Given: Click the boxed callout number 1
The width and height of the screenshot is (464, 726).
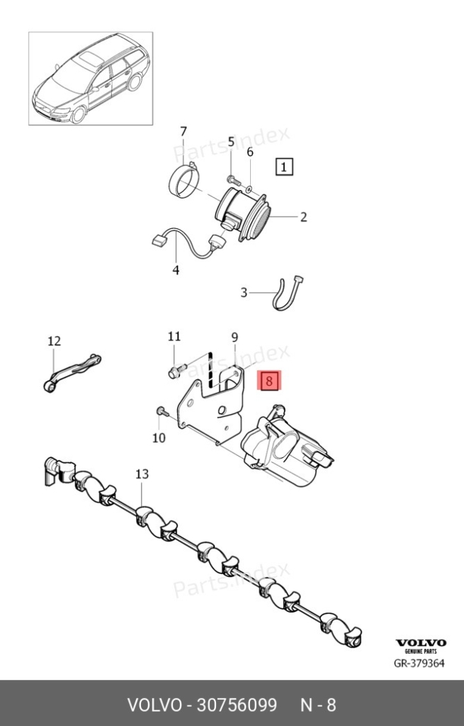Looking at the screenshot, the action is pyautogui.click(x=284, y=167).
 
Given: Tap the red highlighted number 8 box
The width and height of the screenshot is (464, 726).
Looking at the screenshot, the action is pyautogui.click(x=269, y=381).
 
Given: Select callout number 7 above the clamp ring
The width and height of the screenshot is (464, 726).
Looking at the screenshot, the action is pyautogui.click(x=183, y=131).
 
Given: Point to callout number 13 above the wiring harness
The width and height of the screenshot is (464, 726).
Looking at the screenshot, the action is pyautogui.click(x=142, y=474).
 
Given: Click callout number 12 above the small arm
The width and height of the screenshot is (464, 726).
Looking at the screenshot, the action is pyautogui.click(x=54, y=341).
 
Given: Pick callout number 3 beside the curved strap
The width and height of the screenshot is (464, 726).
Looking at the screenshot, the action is pyautogui.click(x=244, y=293).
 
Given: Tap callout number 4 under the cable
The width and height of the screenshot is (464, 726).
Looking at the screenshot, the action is pyautogui.click(x=176, y=270).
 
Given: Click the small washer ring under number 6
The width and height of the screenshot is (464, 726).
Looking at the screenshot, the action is pyautogui.click(x=249, y=189).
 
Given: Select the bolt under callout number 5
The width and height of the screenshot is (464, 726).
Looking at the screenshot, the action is pyautogui.click(x=232, y=179).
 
